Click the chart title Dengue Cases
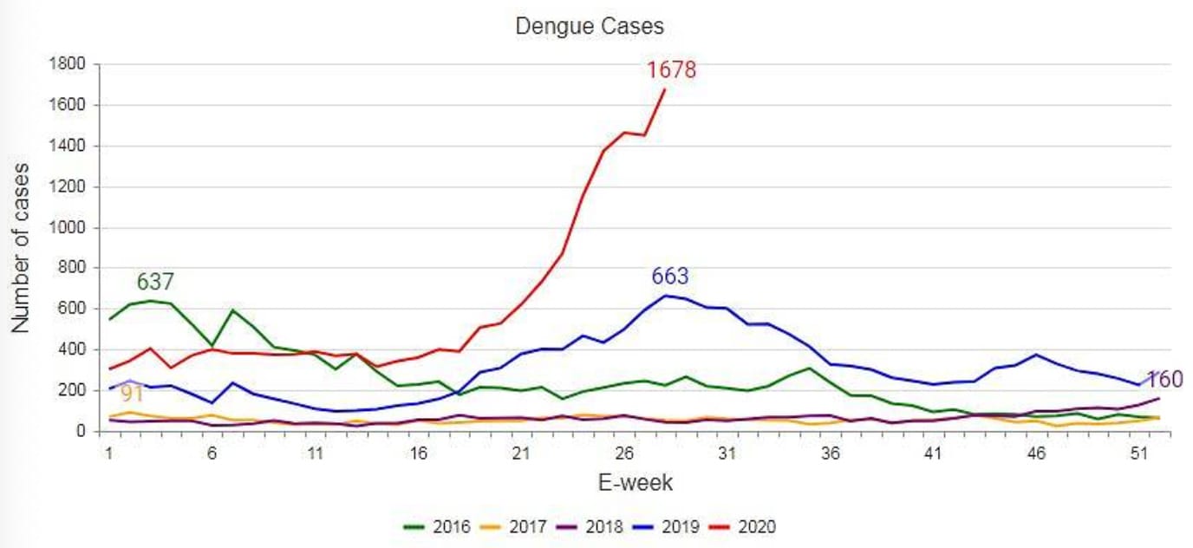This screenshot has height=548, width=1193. (x=590, y=26)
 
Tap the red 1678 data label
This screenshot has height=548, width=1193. (x=671, y=70)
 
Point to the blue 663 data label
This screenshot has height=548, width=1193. (x=669, y=277)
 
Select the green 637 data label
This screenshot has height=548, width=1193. (x=155, y=282)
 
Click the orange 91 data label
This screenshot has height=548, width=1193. (x=132, y=395)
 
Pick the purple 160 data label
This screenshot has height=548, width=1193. (x=1164, y=380)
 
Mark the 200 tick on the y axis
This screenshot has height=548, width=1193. (x=73, y=390)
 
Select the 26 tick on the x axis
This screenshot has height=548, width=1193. (x=624, y=453)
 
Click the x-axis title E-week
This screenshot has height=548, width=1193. (x=636, y=483)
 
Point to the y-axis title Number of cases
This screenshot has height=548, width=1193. (x=22, y=248)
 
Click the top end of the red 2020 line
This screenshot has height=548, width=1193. (x=665, y=89)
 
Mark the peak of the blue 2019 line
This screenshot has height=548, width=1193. (x=665, y=296)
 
